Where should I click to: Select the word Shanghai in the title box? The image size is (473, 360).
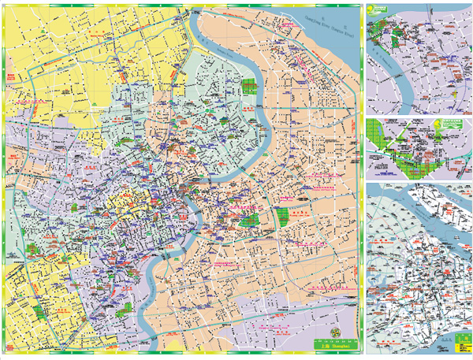(338, 345)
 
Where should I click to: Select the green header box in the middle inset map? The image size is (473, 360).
(451, 124)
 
